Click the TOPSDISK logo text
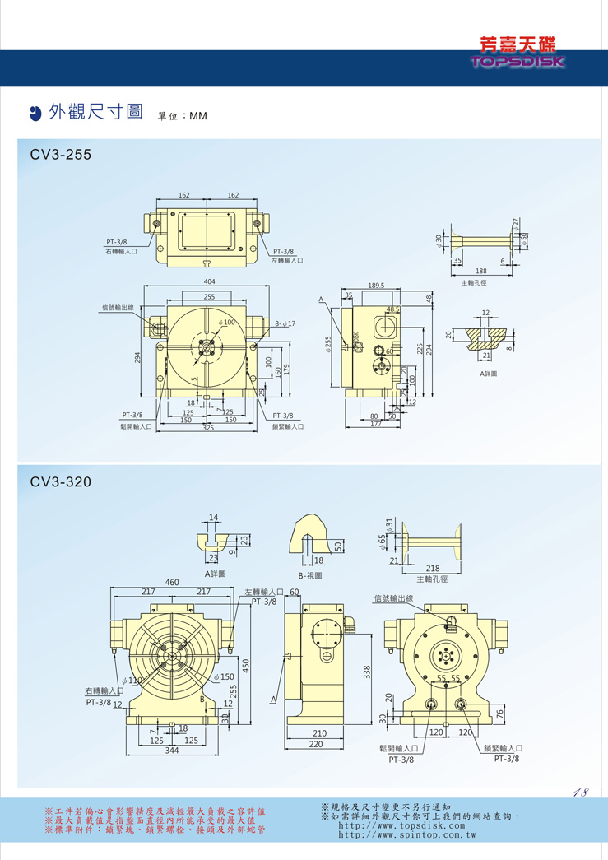(517, 62)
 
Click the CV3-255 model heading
(60, 154)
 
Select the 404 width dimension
(209, 281)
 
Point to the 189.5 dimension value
(378, 286)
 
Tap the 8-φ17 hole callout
(285, 323)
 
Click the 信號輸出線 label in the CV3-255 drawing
(117, 308)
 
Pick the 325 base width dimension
(209, 429)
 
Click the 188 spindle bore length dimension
(480, 271)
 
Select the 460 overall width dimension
(172, 582)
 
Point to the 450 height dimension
(244, 664)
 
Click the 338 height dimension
(367, 672)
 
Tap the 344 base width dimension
(171, 751)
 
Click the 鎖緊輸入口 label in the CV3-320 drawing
(503, 748)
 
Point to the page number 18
(580, 793)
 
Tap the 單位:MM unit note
(182, 116)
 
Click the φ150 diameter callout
(224, 677)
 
